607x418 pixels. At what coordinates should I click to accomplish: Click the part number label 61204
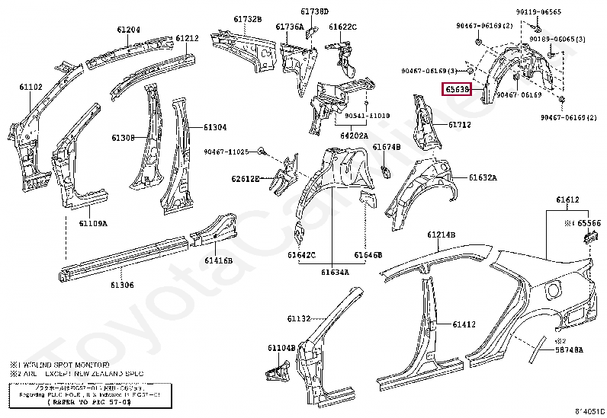point(128,30)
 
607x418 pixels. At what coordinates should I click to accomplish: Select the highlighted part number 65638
point(458,90)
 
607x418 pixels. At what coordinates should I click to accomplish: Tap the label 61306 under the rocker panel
point(121,285)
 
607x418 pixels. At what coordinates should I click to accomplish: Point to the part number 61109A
point(93,223)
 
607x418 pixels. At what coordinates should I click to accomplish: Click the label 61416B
point(218,260)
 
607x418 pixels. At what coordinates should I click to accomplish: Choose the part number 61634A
point(335,272)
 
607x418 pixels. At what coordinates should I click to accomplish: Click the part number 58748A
point(569,349)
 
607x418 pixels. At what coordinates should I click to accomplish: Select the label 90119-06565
point(559,12)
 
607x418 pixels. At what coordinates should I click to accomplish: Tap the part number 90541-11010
point(366,116)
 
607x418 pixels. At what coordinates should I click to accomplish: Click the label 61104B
point(281,347)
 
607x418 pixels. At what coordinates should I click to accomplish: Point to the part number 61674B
point(387,146)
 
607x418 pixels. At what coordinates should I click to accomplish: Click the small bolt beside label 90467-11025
point(262,152)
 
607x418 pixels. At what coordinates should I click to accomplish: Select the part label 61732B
point(247,18)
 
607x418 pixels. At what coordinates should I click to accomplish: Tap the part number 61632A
point(482,177)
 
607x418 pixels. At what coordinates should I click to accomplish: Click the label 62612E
point(246,178)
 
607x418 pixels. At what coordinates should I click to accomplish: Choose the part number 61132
point(298,318)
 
